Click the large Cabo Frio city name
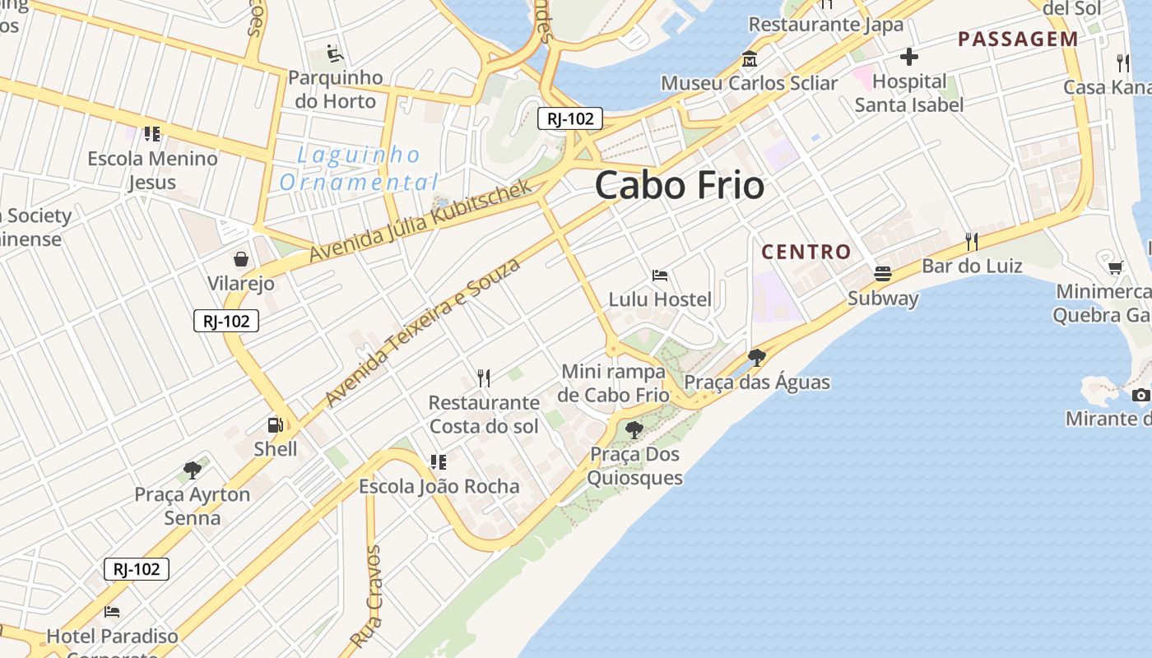coord(680,185)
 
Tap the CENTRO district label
coord(806,252)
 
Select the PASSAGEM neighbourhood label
coord(1018,39)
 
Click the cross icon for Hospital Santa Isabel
coord(909,57)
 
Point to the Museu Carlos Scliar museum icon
coord(750,59)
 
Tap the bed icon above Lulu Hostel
coord(659,275)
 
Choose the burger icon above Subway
coord(883,273)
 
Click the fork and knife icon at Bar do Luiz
coord(972,241)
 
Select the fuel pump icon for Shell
coord(275,425)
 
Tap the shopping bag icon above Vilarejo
coord(241,260)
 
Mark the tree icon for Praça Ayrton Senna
coord(193,470)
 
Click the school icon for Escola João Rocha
coord(439,462)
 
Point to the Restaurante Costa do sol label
coord(484,415)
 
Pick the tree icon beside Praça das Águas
coord(757,358)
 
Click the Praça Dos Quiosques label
coord(634,466)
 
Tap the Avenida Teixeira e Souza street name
coord(423,331)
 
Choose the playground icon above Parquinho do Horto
coord(334,53)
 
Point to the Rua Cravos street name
coord(367,595)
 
